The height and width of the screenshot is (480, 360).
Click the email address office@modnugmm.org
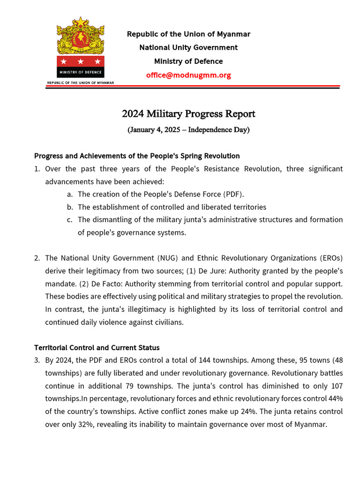pyautogui.click(x=188, y=75)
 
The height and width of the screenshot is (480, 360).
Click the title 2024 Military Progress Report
pyautogui.click(x=188, y=114)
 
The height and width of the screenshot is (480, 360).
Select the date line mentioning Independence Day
pyautogui.click(x=188, y=130)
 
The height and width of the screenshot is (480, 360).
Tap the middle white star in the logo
pyautogui.click(x=81, y=61)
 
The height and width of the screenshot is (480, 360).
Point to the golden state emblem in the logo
pyautogui.click(x=81, y=36)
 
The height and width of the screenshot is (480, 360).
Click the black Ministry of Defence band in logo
pyautogui.click(x=81, y=72)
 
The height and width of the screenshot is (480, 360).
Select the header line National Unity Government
pyautogui.click(x=188, y=47)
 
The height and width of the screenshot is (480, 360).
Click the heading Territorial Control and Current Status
pyautogui.click(x=97, y=348)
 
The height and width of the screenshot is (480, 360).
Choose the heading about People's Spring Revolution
pyautogui.click(x=137, y=156)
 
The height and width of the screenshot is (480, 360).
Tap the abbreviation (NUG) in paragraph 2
pyautogui.click(x=176, y=258)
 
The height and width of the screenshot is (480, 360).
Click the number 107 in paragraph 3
pyautogui.click(x=336, y=386)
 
